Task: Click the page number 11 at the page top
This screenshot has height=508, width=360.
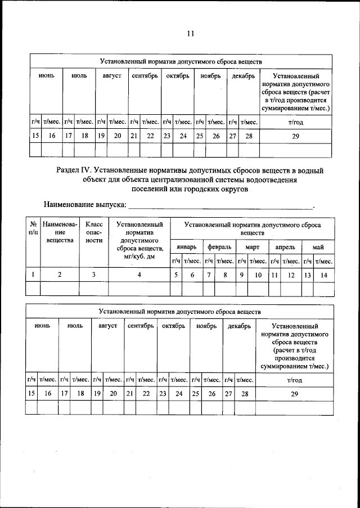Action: click(191, 33)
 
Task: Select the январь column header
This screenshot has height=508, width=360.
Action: click(186, 247)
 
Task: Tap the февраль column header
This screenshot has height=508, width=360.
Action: click(219, 247)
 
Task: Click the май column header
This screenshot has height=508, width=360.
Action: click(318, 247)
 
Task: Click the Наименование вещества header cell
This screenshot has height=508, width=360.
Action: click(60, 232)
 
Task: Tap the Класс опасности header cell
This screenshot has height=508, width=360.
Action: click(93, 232)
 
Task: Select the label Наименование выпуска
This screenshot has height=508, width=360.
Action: click(84, 204)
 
